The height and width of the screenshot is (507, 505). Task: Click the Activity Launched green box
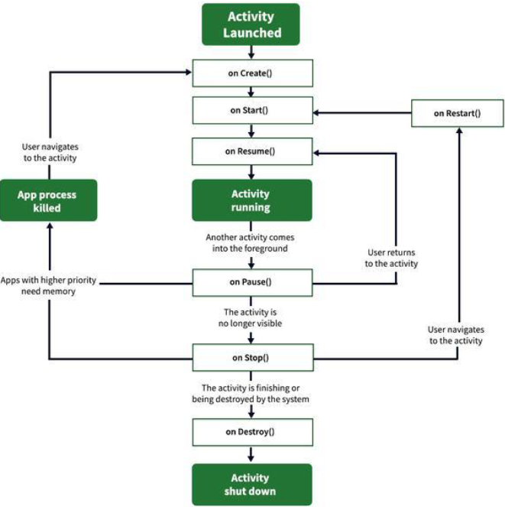(251, 24)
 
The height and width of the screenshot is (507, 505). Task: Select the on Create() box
(251, 73)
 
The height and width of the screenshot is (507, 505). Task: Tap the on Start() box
(251, 110)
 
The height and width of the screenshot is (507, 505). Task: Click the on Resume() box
(251, 151)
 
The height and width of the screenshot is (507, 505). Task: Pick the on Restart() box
(458, 113)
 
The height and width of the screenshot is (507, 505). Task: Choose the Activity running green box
(251, 200)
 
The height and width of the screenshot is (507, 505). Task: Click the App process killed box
(48, 200)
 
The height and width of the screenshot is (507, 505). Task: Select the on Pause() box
(251, 281)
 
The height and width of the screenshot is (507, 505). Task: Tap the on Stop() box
(251, 357)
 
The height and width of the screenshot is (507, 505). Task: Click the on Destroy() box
(251, 431)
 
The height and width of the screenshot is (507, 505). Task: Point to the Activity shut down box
(251, 483)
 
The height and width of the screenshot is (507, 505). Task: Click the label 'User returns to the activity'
(391, 257)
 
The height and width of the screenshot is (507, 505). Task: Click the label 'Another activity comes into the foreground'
(251, 242)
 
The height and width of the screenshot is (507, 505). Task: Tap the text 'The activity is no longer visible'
(251, 317)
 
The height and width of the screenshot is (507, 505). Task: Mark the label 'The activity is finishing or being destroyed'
(251, 393)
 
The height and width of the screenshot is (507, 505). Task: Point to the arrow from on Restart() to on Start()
(363, 112)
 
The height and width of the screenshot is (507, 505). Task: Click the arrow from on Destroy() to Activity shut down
(251, 454)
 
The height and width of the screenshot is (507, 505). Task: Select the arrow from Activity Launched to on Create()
(251, 52)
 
